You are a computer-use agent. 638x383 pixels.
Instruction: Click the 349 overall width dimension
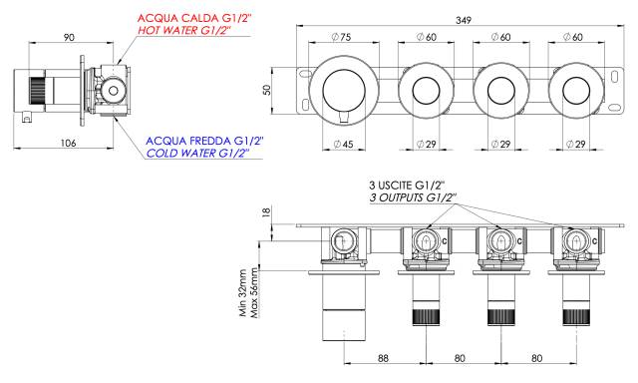(464, 20)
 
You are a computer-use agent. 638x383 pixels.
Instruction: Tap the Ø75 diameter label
(341, 37)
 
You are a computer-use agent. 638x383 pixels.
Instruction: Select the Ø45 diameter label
(343, 144)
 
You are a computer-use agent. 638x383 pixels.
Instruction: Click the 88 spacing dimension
(383, 358)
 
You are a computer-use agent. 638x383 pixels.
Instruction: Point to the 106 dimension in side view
(68, 143)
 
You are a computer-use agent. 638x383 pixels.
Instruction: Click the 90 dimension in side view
(69, 37)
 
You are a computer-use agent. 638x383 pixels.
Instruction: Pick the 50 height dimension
(266, 90)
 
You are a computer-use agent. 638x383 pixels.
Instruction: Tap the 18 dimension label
(265, 212)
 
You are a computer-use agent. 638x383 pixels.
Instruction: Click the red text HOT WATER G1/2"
(183, 30)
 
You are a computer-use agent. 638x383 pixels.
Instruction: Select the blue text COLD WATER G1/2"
(197, 153)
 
